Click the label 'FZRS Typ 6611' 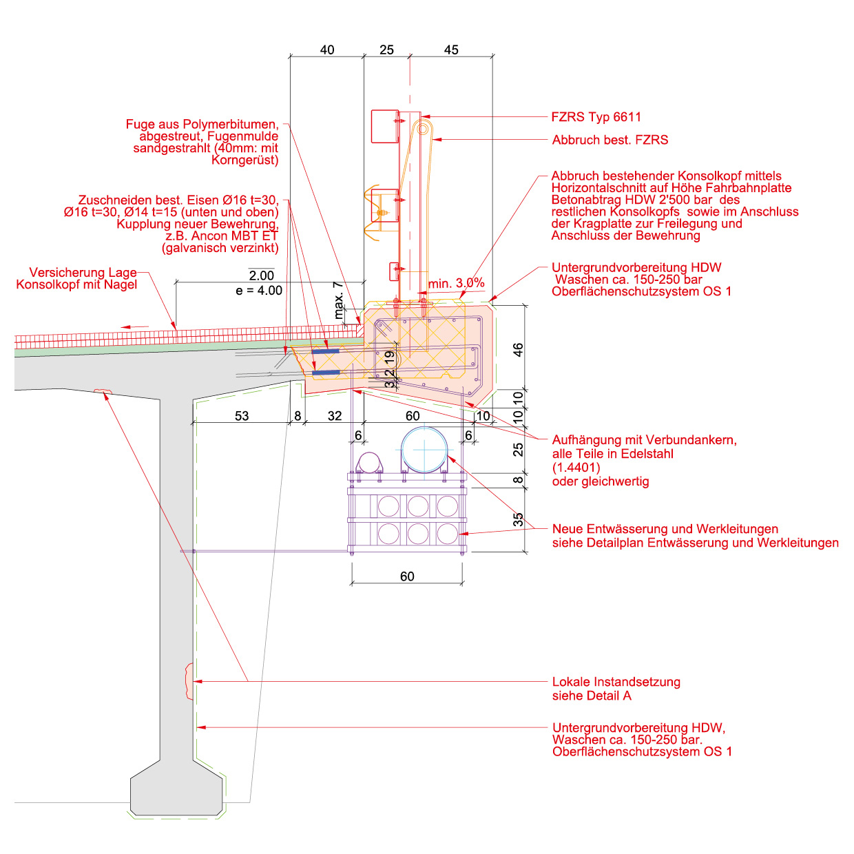(596, 117)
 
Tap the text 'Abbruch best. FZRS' (610, 140)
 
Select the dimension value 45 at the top (451, 50)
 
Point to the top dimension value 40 (327, 50)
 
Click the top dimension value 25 (387, 50)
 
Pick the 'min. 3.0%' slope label (456, 283)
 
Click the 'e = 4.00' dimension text (259, 291)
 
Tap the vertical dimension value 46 (518, 349)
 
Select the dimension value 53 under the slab (242, 416)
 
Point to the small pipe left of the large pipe (369, 463)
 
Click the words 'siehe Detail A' (592, 696)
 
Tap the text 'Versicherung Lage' (83, 273)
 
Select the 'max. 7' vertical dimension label (338, 300)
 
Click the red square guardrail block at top (384, 126)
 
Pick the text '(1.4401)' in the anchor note (576, 468)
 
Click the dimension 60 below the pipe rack (407, 576)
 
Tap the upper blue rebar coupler (325, 351)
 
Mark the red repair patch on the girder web (188, 680)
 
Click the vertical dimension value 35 (518, 519)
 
